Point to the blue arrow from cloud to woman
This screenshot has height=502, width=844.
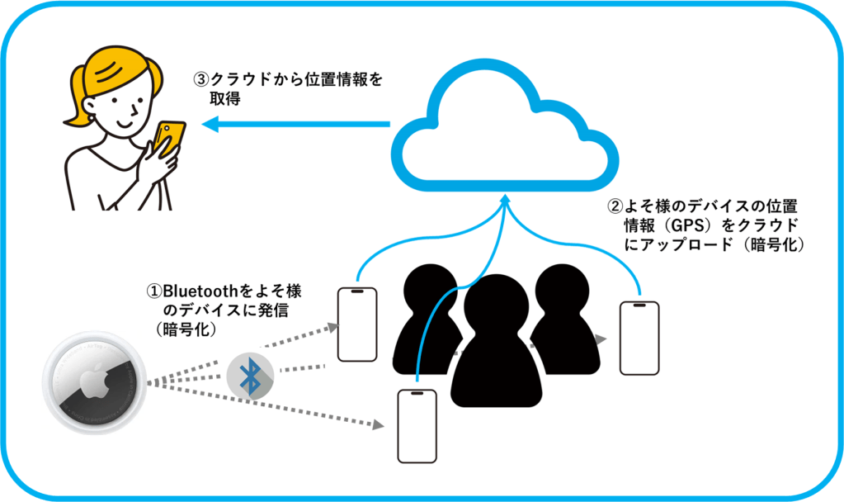pos(297,125)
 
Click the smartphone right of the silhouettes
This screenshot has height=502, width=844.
pos(639,338)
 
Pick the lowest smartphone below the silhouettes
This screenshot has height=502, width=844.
pos(417,426)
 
